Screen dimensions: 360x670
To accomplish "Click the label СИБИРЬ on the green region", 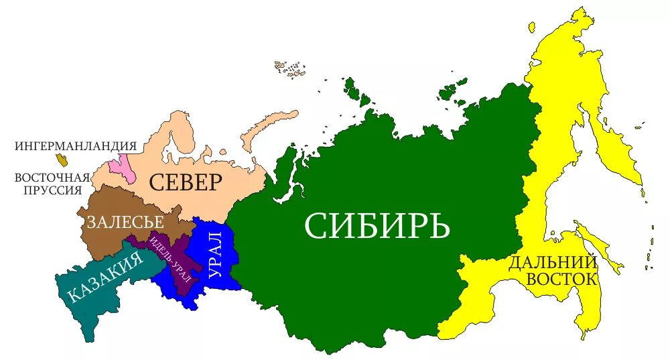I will tap(377, 225).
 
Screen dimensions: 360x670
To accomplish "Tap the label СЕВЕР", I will tap(185, 182).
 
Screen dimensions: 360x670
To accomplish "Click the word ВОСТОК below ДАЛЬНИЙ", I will tap(561, 278).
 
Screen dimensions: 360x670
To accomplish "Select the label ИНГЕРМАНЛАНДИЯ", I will tap(75, 145).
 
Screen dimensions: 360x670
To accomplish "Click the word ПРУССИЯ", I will tap(50, 190).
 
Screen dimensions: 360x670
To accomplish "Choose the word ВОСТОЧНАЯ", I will tap(52, 178).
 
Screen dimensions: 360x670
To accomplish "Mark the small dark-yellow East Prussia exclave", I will tap(63, 160).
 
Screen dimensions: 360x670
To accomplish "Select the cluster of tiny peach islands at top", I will tap(289, 70).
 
